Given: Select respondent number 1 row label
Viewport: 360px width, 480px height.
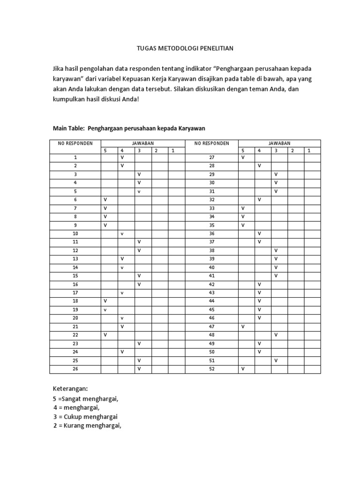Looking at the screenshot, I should tap(75, 157).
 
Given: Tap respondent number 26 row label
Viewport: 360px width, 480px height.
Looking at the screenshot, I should tap(75, 369).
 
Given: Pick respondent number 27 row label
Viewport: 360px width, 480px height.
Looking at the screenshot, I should tap(211, 157).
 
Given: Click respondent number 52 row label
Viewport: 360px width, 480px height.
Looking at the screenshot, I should tap(211, 369).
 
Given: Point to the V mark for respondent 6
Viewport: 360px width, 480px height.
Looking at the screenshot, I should tap(105, 200).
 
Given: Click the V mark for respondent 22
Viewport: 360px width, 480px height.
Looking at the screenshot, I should tap(105, 335).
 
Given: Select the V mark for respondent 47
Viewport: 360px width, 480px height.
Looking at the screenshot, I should tap(243, 327).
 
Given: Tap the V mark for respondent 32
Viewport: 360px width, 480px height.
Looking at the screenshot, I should tap(259, 200).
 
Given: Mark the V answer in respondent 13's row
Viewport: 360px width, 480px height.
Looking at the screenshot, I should tap(122, 259).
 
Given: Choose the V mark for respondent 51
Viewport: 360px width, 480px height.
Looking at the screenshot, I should tap(276, 360).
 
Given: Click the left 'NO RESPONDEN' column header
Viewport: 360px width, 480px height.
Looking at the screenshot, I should tap(75, 143).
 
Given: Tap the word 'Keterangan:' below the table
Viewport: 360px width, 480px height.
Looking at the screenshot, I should tap(71, 389).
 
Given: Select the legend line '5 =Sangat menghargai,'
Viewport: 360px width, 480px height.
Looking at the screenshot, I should tap(85, 398).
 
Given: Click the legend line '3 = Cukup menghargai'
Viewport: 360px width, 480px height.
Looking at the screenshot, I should tap(85, 416).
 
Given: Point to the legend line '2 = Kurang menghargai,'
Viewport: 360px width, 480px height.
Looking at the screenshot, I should tap(87, 425).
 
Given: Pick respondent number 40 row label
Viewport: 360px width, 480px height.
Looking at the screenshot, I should tap(211, 267).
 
